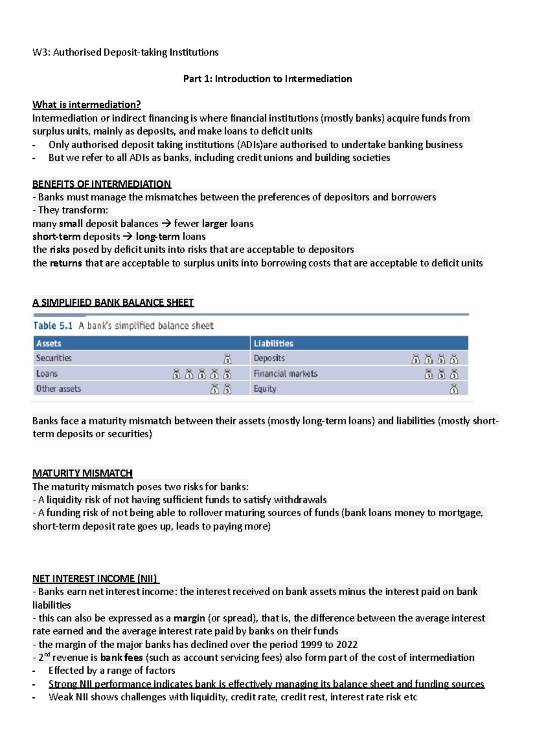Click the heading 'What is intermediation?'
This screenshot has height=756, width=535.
coord(86,105)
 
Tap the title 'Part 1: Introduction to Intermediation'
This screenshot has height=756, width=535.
coord(267,79)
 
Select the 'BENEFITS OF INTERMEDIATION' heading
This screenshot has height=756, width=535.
coord(102,184)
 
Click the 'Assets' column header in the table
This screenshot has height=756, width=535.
coord(49,343)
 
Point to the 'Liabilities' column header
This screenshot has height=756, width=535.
coord(273,343)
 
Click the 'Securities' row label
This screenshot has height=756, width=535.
coord(53,358)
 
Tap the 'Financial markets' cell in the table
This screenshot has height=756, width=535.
coord(285,374)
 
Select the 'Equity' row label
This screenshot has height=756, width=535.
coord(265,389)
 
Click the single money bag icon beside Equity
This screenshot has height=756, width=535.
coord(454,389)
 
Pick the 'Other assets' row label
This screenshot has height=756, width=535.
coord(58,389)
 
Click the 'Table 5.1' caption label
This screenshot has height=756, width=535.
coord(53,325)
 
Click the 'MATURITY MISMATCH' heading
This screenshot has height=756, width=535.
coord(82,473)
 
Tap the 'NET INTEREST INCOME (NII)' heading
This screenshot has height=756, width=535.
coord(95,578)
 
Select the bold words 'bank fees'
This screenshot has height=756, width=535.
coord(121,658)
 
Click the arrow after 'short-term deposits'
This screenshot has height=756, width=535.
coord(128,236)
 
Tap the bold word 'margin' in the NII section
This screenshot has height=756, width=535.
coord(189,618)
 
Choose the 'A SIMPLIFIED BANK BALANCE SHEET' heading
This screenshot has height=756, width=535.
coord(113,302)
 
